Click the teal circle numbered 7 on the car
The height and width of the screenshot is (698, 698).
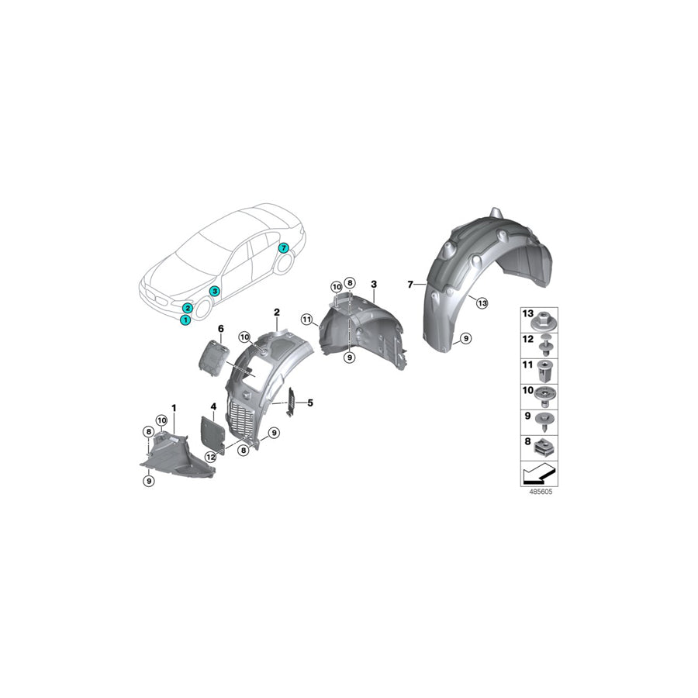coord(283,248)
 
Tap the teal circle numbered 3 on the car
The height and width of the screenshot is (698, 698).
coord(215,291)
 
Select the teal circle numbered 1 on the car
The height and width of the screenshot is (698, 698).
coord(185,320)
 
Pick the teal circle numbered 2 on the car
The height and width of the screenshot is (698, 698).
coord(188,308)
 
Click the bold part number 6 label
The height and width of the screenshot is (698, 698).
coord(221,329)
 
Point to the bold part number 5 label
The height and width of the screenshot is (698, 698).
coord(310,403)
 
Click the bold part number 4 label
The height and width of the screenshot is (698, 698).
coord(214,406)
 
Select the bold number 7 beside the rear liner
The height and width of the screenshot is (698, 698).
coord(410,285)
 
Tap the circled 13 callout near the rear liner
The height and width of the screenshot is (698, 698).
coord(482,303)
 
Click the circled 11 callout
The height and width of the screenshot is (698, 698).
coord(306,320)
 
